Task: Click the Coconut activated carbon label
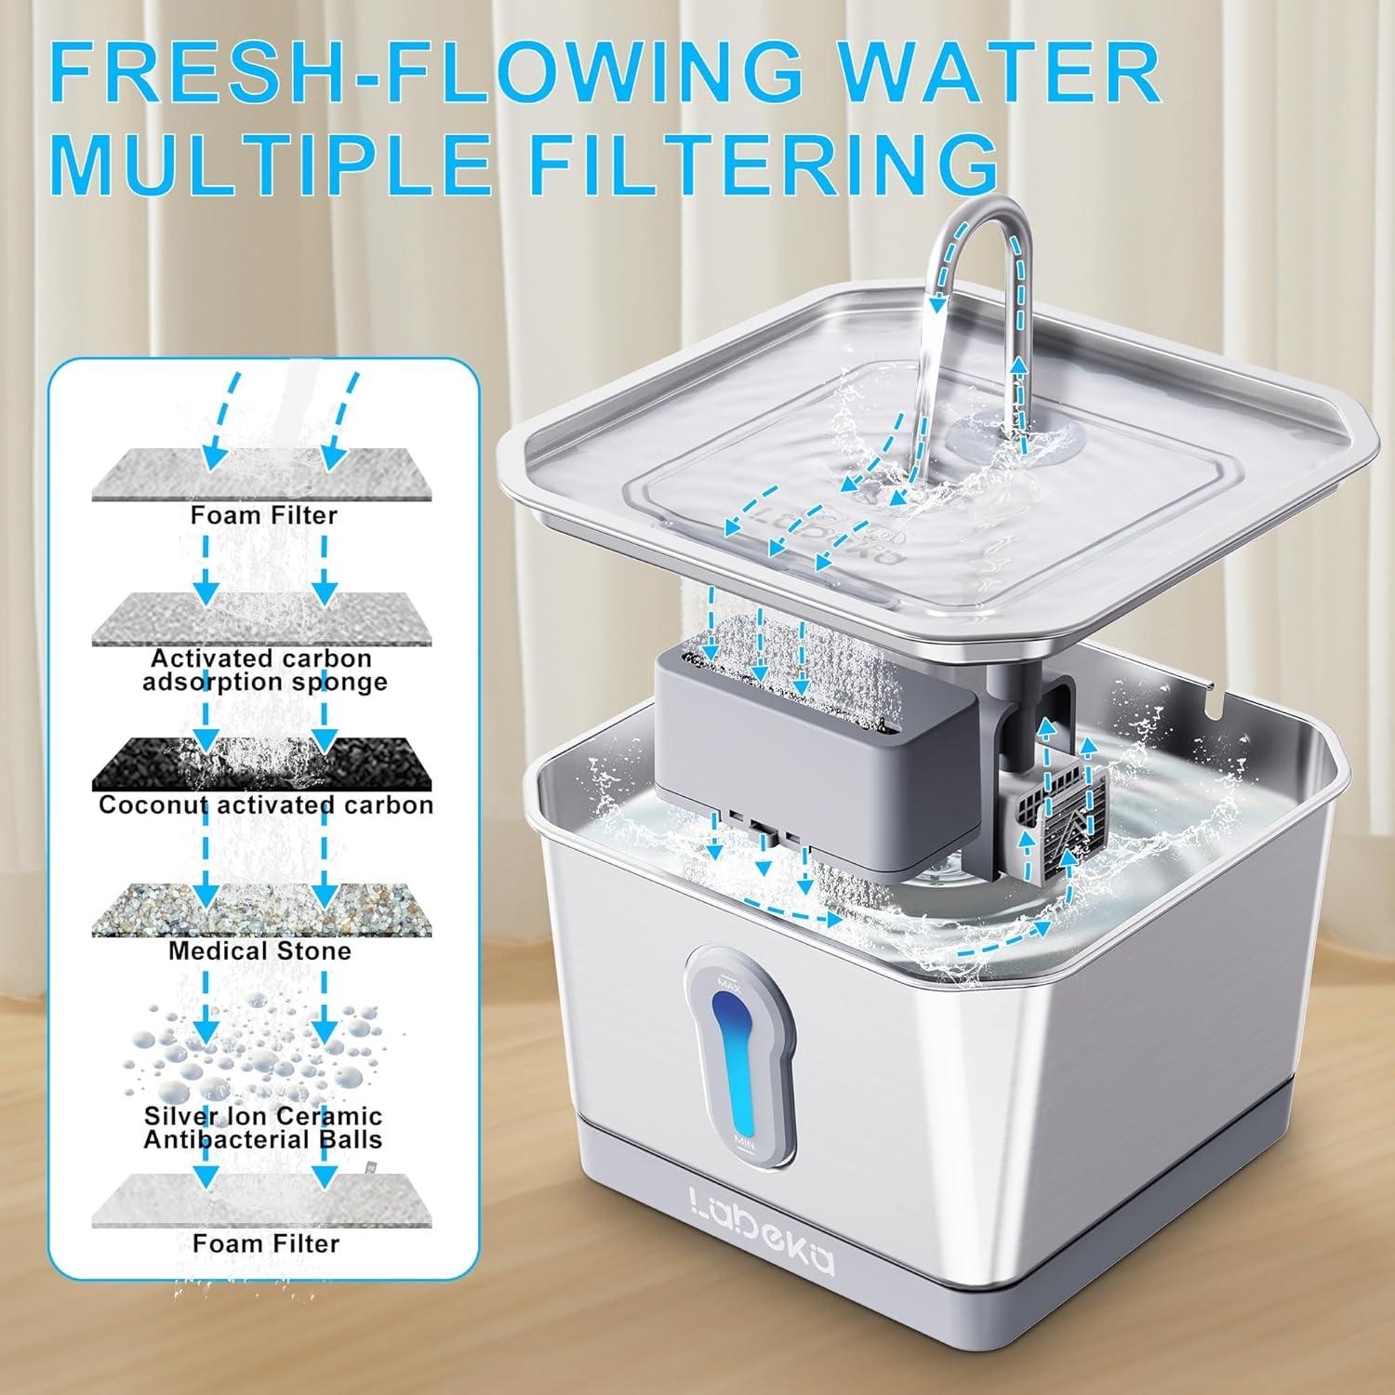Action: (266, 804)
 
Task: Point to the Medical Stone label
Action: (259, 950)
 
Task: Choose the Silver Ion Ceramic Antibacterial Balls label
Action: (263, 1127)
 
